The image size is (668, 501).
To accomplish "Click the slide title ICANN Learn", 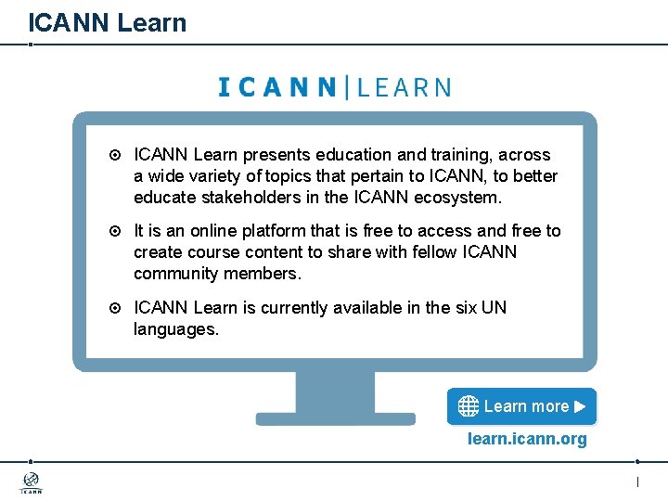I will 107,22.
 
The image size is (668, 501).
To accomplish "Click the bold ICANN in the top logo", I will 277,88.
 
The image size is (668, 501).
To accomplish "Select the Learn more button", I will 521,406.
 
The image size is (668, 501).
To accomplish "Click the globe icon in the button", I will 469,406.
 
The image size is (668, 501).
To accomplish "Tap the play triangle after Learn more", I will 580,406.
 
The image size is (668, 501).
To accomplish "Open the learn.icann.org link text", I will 527,439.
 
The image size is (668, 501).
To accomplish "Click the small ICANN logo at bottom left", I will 32,482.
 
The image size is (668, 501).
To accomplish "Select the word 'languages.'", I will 176,328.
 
